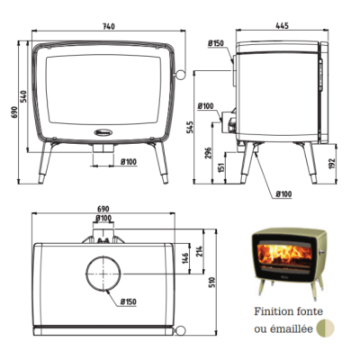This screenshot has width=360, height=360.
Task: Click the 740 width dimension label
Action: [x=109, y=26]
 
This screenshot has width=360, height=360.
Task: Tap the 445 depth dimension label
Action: [x=282, y=26]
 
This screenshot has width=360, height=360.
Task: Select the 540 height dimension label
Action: [x=24, y=96]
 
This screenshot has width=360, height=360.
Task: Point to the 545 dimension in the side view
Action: [x=191, y=127]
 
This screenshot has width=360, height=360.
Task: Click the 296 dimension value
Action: [x=209, y=153]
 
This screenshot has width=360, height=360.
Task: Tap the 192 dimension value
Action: [x=332, y=164]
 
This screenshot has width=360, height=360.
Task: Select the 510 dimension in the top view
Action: [x=212, y=282]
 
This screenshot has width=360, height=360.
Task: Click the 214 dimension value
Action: [x=200, y=252]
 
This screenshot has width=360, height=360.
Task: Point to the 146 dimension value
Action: [x=184, y=259]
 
